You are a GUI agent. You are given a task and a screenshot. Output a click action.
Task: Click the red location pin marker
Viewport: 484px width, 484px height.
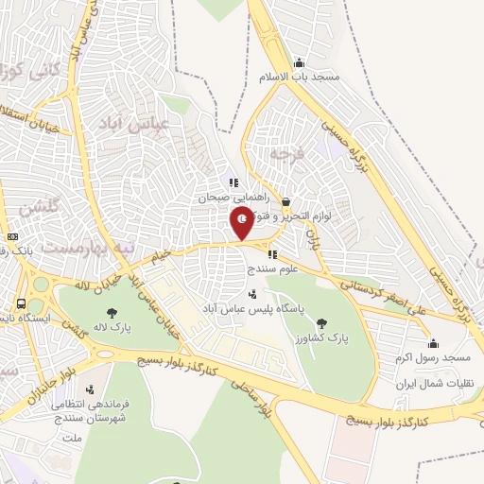click(242, 222)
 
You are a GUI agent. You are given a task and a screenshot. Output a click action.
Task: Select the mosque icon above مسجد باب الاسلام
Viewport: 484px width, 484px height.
click(300, 62)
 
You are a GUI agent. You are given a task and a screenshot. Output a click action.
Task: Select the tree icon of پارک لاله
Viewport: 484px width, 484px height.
click(112, 312)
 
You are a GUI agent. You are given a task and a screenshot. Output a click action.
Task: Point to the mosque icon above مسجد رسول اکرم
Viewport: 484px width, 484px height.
click(433, 344)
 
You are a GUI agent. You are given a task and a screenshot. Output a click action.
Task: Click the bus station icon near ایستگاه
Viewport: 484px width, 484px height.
click(21, 304)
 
